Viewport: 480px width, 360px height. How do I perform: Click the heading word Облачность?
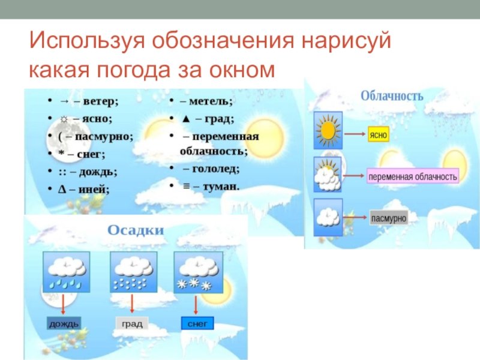pos(392,96)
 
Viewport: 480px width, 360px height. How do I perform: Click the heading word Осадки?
pos(136,230)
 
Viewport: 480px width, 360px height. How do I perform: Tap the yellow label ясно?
pos(379,134)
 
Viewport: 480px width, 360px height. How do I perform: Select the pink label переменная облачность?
pos(413,176)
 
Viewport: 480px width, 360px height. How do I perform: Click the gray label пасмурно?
pos(389,218)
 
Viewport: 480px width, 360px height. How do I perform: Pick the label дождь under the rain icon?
pos(64,323)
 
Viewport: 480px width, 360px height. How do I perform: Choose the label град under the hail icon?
pos(132,323)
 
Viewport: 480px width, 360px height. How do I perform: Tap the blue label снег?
pos(197,323)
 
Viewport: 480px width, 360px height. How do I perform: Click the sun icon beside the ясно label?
pos(328,130)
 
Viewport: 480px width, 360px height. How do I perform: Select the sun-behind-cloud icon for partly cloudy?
pos(328,174)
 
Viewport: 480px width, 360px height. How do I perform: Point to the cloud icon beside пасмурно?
pos(328,217)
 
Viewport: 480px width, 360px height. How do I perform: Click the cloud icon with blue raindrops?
pos(67,272)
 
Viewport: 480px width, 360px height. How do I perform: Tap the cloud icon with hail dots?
pos(133,272)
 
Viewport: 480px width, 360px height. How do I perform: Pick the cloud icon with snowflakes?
pos(199,272)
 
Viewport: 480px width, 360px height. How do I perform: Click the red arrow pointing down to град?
pos(132,304)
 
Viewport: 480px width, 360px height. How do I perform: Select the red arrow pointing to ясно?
pos(355,134)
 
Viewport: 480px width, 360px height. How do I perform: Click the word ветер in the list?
pos(101,101)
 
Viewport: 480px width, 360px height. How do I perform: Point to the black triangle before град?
pos(186,119)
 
